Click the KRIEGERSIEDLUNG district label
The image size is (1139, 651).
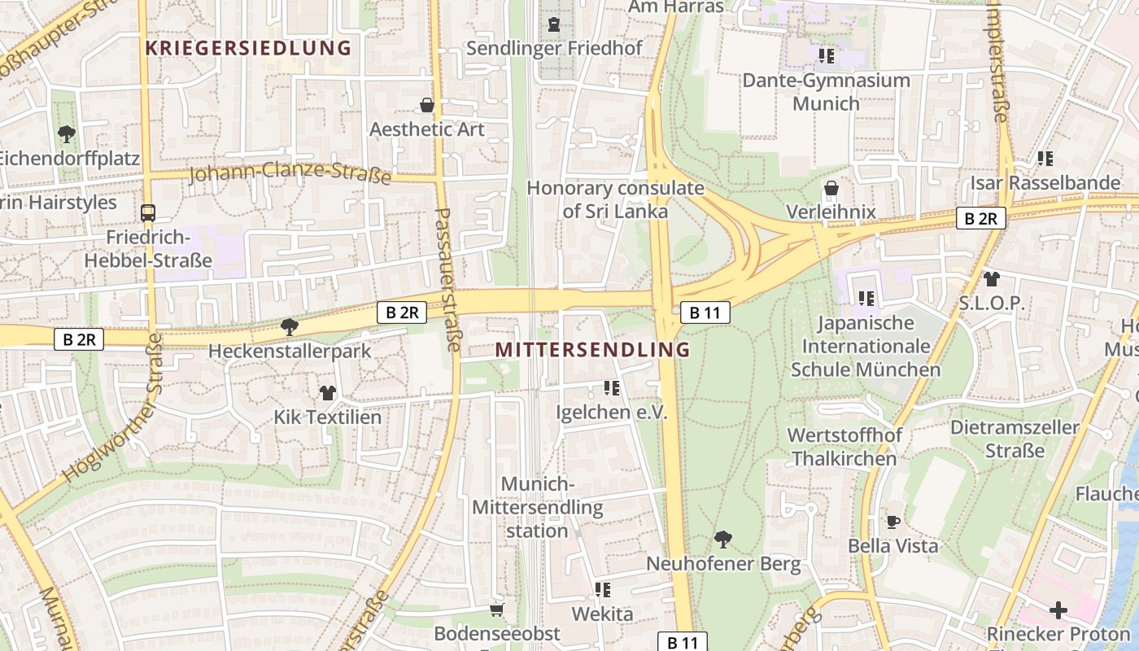tap(248, 48)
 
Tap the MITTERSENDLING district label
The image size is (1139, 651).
tap(593, 350)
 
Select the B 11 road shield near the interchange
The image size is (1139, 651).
tap(705, 312)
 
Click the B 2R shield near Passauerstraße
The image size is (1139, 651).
tap(402, 312)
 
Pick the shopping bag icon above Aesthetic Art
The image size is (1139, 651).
tap(427, 105)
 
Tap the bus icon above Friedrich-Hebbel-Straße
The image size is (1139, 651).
tap(148, 213)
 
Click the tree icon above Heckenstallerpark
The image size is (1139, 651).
tap(289, 327)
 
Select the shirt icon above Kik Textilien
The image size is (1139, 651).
tap(327, 393)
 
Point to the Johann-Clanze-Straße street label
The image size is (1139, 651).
tap(290, 173)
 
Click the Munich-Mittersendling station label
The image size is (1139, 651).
tap(537, 508)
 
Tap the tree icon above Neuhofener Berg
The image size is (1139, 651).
tap(722, 539)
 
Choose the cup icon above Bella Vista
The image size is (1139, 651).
tap(893, 522)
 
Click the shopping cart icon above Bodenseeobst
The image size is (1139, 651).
tap(497, 609)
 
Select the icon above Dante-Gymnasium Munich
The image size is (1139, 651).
tap(827, 56)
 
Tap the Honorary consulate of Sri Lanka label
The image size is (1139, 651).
tap(615, 199)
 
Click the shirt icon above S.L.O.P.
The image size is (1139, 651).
tap(991, 279)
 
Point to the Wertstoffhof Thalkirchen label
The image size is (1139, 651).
tap(844, 447)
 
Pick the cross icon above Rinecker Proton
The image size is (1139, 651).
tap(1058, 609)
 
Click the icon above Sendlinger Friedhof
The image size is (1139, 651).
tap(554, 24)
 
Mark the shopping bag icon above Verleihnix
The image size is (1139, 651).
tap(831, 189)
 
